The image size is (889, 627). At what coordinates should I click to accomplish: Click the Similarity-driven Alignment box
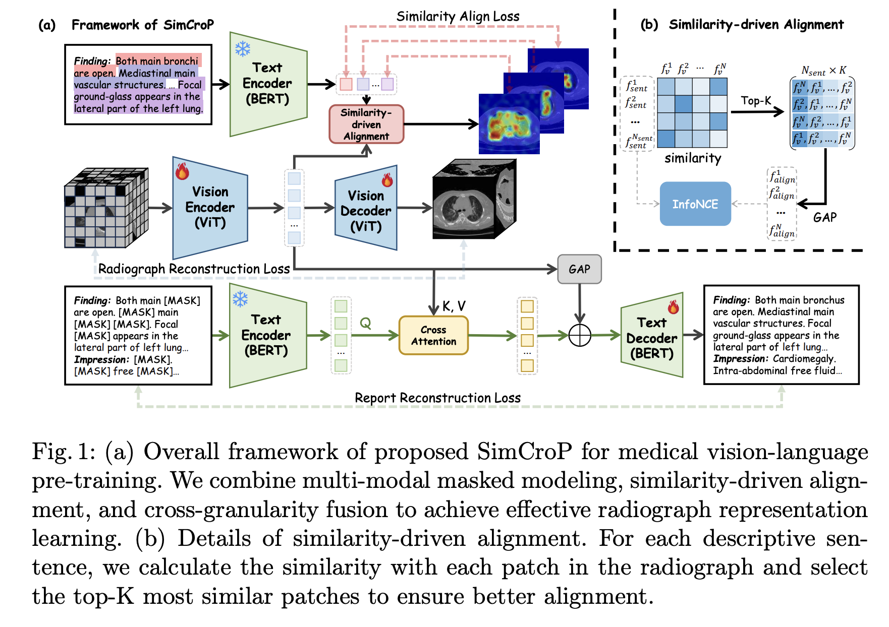click(366, 124)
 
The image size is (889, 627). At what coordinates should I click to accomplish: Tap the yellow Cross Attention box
click(433, 335)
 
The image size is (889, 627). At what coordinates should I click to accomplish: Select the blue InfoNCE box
click(695, 204)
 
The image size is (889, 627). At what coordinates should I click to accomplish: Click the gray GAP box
click(579, 269)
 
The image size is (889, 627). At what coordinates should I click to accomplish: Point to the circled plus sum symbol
click(580, 335)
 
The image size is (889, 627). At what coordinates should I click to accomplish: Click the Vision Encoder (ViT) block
click(210, 207)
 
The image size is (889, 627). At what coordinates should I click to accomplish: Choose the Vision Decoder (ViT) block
click(366, 208)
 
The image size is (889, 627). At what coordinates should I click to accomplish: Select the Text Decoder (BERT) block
click(652, 335)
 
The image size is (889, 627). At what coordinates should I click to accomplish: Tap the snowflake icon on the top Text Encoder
click(243, 49)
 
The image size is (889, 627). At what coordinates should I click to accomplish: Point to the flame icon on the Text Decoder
click(673, 306)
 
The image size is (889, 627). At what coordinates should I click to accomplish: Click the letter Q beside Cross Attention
click(365, 323)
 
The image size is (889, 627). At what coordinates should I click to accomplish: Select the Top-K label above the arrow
click(756, 101)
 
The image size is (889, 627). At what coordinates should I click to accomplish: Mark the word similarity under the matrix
click(693, 158)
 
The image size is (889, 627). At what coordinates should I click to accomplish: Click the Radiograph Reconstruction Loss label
click(194, 269)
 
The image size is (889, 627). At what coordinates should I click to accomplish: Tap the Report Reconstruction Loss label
click(437, 398)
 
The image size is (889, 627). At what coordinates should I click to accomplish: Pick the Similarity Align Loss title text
click(458, 17)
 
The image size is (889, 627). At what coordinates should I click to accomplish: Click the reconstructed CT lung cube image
click(474, 199)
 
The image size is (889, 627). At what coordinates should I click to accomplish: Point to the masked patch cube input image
click(106, 208)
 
